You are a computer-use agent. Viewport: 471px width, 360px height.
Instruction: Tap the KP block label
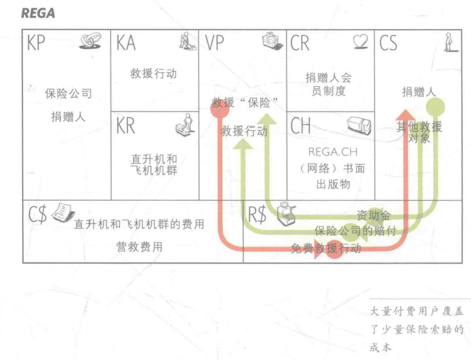(36, 43)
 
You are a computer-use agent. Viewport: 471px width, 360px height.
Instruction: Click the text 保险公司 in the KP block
(68, 94)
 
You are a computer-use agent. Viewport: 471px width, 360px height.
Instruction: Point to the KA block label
(126, 43)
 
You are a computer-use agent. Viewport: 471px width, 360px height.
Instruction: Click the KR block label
(126, 126)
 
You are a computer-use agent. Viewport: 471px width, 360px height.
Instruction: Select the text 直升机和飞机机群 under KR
(154, 165)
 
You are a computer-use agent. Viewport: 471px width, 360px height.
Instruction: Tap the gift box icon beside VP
(270, 40)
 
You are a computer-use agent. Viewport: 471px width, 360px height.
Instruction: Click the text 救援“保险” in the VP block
(245, 103)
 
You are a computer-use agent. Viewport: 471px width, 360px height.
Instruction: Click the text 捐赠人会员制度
(330, 84)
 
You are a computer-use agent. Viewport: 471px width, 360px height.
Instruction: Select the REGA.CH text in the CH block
(329, 152)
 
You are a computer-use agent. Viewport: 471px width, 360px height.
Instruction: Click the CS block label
(388, 43)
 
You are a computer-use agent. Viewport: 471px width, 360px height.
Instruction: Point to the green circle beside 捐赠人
(436, 106)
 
